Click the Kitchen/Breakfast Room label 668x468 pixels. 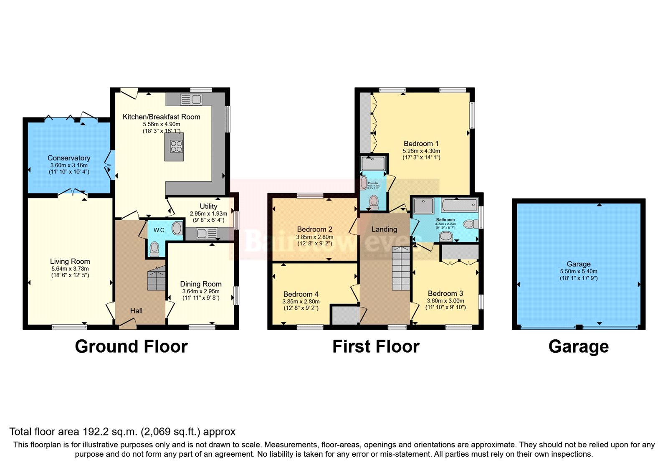coord(161,117)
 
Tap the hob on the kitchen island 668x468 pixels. coord(176,146)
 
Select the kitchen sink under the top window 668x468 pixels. coord(191,99)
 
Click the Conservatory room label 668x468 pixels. coord(69,158)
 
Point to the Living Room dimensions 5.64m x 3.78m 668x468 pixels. coord(70,269)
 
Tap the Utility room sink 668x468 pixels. coord(202,234)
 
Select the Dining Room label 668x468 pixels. coord(201,284)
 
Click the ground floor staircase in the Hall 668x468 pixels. coord(156,278)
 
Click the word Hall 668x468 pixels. coord(136,311)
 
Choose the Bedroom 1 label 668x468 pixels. coord(421,144)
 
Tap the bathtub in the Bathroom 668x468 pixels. coord(459,205)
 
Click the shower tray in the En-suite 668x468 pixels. coord(373,163)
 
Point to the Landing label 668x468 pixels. coord(384,229)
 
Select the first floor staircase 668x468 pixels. coord(401,269)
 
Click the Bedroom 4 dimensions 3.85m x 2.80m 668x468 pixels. coord(301,301)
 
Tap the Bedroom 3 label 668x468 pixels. coord(445,294)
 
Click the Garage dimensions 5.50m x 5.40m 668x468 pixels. coord(578,271)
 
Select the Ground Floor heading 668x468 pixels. coord(131,346)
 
